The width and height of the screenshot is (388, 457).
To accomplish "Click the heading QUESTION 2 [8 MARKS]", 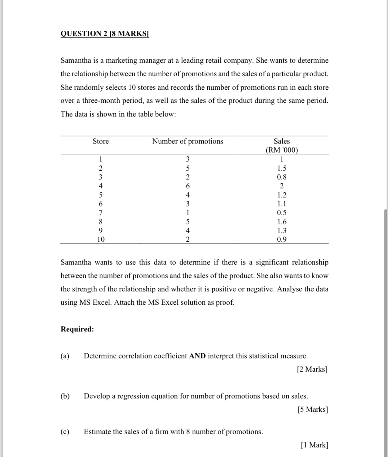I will click(105, 33).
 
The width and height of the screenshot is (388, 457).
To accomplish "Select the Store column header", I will click(100, 141).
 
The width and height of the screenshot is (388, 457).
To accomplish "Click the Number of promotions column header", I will click(188, 141).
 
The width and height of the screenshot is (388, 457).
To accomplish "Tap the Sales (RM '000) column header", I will click(281, 146).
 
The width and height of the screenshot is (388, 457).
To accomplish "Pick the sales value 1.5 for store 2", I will click(282, 168).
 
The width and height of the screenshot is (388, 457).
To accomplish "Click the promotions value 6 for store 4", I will click(188, 186).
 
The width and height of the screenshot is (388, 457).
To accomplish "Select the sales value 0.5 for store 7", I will click(282, 213).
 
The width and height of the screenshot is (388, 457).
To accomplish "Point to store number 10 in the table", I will click(101, 240).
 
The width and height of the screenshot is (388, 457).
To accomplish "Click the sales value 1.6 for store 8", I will click(282, 222).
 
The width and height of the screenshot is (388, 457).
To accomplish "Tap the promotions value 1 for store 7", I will click(188, 213).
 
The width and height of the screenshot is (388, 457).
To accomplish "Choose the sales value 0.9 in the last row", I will click(282, 240).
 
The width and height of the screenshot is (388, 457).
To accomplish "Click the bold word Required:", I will click(77, 329).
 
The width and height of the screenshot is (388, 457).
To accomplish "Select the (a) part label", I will click(65, 356).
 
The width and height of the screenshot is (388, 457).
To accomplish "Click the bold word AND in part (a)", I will click(197, 356).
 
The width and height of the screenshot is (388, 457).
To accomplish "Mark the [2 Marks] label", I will click(312, 369).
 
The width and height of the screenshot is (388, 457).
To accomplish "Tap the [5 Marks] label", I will click(313, 410).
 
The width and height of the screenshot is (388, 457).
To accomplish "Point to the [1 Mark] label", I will click(315, 445).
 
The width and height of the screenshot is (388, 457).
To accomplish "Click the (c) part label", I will click(65, 432).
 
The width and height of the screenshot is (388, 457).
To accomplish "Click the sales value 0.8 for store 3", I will click(282, 177).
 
